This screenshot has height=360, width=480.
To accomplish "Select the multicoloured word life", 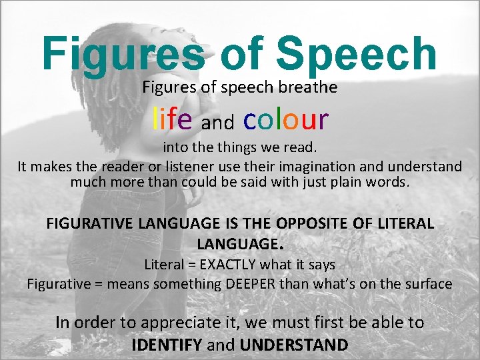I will tap(173, 119).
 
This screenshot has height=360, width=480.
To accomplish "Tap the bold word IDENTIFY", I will tap(167, 345).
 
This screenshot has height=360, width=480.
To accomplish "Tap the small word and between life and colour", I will tap(217, 123).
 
